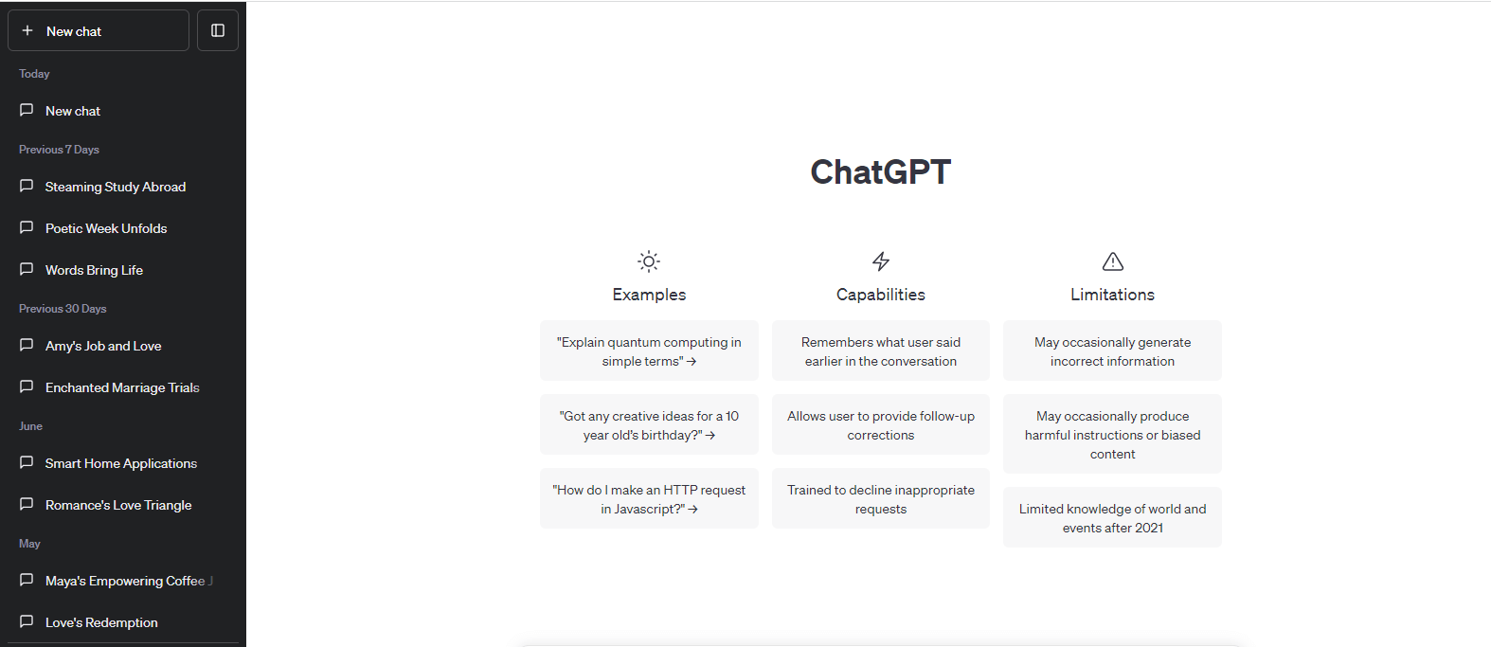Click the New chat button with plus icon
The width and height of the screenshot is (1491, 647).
(99, 30)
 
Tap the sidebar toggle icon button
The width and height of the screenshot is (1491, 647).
(218, 30)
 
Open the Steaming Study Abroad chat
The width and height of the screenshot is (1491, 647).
(116, 187)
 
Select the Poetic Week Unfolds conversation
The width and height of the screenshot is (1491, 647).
(106, 228)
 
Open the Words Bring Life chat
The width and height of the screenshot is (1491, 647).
(94, 270)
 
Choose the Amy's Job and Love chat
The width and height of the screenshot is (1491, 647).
(103, 346)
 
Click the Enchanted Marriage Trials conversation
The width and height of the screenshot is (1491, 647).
(122, 387)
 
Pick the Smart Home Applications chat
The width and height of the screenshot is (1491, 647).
(120, 463)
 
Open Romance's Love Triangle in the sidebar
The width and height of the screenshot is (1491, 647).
(117, 505)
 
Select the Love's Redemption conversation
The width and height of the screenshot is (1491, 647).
(101, 622)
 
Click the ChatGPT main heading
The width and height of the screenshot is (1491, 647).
(881, 171)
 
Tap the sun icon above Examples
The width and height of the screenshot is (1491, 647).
(649, 261)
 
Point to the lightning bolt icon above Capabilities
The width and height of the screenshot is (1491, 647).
(881, 261)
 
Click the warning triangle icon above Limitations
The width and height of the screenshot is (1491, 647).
(1112, 261)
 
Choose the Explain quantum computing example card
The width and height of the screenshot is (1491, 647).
(649, 350)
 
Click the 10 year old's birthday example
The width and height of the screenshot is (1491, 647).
(649, 424)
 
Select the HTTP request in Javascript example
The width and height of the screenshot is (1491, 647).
(649, 498)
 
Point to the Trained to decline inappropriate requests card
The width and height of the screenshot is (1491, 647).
(881, 498)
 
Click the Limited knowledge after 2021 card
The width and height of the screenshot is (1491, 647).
(1112, 517)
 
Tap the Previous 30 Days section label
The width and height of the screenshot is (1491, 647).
(63, 308)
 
